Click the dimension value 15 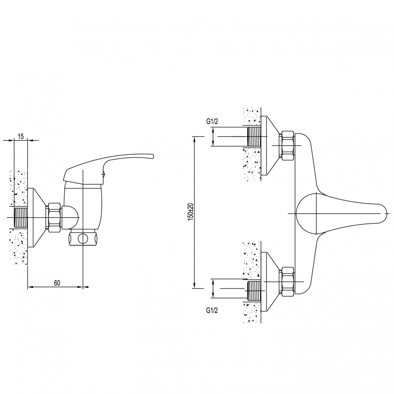[x=20, y=136]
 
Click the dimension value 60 [x=57, y=282]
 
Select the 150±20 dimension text [x=190, y=212]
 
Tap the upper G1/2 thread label [x=212, y=122]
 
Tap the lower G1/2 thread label [x=212, y=310]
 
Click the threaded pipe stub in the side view [x=21, y=217]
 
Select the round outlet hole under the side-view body [x=82, y=239]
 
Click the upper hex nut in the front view [x=288, y=146]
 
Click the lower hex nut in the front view [x=288, y=281]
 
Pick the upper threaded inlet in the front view [x=254, y=136]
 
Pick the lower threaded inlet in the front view [x=254, y=291]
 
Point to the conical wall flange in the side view [x=37, y=217]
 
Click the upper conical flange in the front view [x=270, y=145]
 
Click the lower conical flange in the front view [x=270, y=281]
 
